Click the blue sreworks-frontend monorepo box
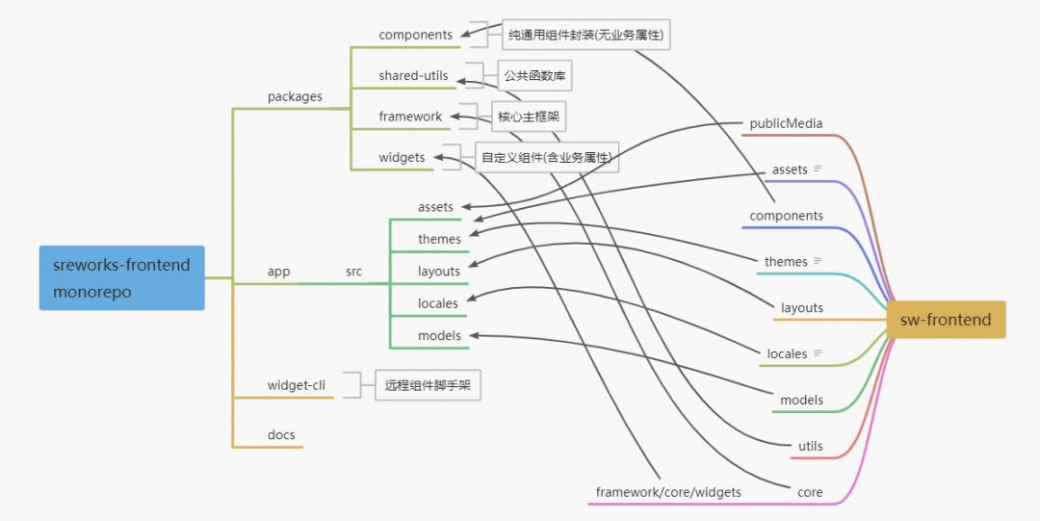pyautogui.click(x=121, y=277)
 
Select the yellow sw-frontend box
pyautogui.click(x=945, y=320)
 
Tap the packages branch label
pyautogui.click(x=295, y=96)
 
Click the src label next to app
pyautogui.click(x=353, y=272)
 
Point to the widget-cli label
pyautogui.click(x=296, y=385)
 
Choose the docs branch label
pyautogui.click(x=281, y=435)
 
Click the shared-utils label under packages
pyautogui.click(x=413, y=76)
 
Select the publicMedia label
pyautogui.click(x=786, y=123)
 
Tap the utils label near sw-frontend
pyautogui.click(x=811, y=446)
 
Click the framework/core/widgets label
pyautogui.click(x=668, y=492)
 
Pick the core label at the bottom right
pyautogui.click(x=810, y=492)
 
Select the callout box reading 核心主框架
pyautogui.click(x=529, y=117)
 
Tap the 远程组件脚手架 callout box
pyautogui.click(x=428, y=385)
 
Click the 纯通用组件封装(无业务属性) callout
pyautogui.click(x=587, y=36)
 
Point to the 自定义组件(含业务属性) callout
pyautogui.click(x=547, y=157)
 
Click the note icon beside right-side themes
pyautogui.click(x=818, y=261)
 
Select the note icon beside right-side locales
pyautogui.click(x=818, y=353)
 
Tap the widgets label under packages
pyautogui.click(x=402, y=157)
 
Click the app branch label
pyautogui.click(x=278, y=272)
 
